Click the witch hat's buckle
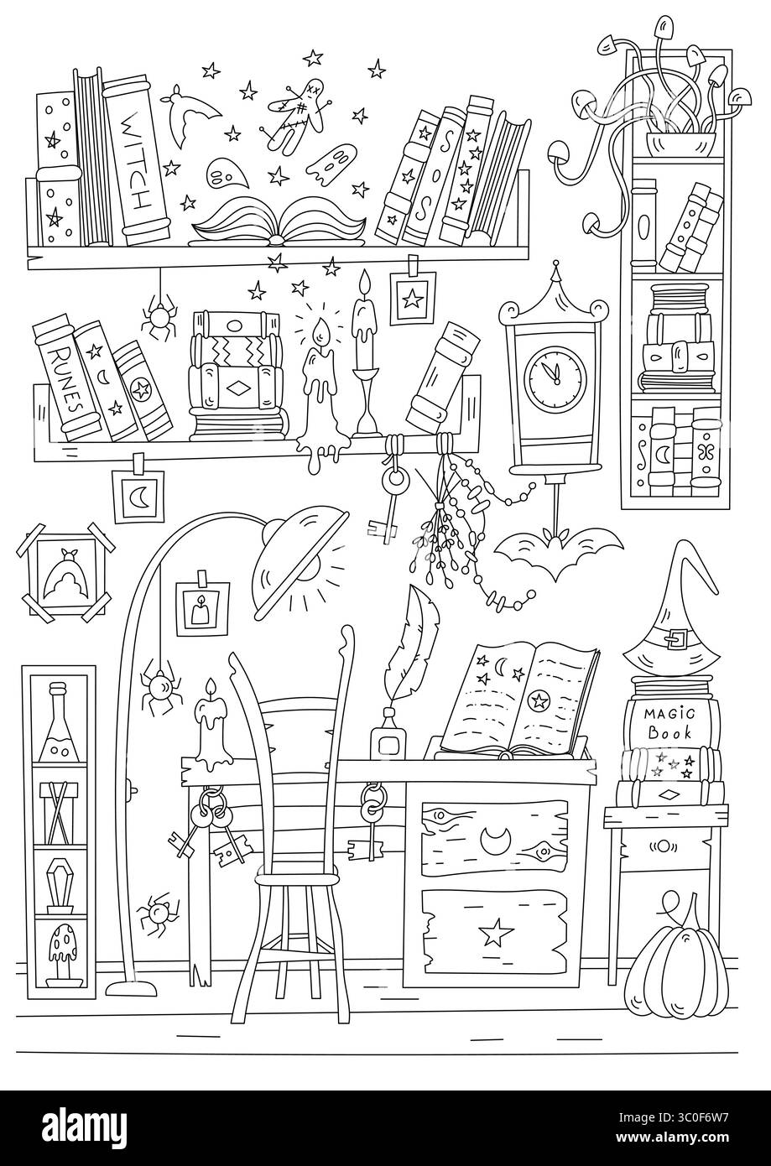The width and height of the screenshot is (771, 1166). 675,638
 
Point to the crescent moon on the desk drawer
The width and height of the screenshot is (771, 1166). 492,837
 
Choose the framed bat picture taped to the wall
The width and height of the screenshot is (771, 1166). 65,573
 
